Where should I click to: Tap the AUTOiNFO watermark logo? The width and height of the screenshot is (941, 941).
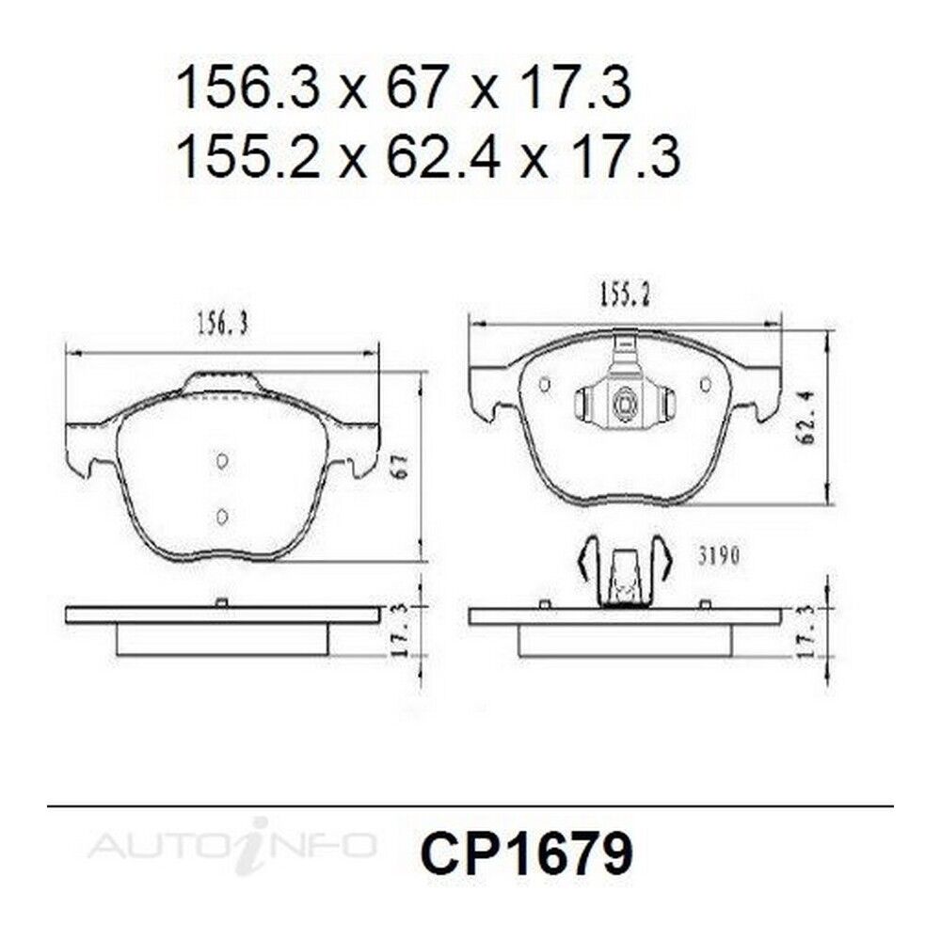point(232,845)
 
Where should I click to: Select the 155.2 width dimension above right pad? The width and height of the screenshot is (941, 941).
point(624,295)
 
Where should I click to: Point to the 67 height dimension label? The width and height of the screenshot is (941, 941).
point(402,465)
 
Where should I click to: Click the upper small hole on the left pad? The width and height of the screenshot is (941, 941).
point(221,460)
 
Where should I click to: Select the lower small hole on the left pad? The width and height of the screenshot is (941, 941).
point(221,516)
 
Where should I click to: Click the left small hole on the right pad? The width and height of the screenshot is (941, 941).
point(545,384)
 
